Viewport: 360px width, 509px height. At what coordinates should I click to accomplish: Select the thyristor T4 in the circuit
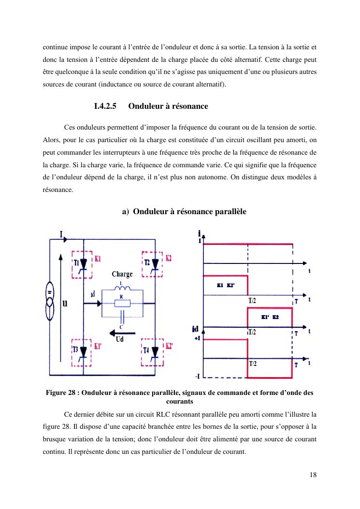[x=155, y=351]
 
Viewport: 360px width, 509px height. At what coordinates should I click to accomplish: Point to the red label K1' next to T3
[x=98, y=346]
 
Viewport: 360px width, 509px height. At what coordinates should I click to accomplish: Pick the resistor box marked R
[x=122, y=304]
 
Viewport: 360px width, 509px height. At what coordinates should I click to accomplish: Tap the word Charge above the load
[x=122, y=274]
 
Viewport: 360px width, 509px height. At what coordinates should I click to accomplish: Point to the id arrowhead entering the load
[x=99, y=304]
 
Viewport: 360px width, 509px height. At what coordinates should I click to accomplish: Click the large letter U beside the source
[x=64, y=304]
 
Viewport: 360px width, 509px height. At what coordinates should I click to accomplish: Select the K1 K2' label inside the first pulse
[x=226, y=285]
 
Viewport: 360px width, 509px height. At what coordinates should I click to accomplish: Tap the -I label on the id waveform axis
[x=198, y=377]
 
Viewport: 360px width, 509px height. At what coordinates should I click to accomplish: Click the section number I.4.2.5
[x=106, y=106]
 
